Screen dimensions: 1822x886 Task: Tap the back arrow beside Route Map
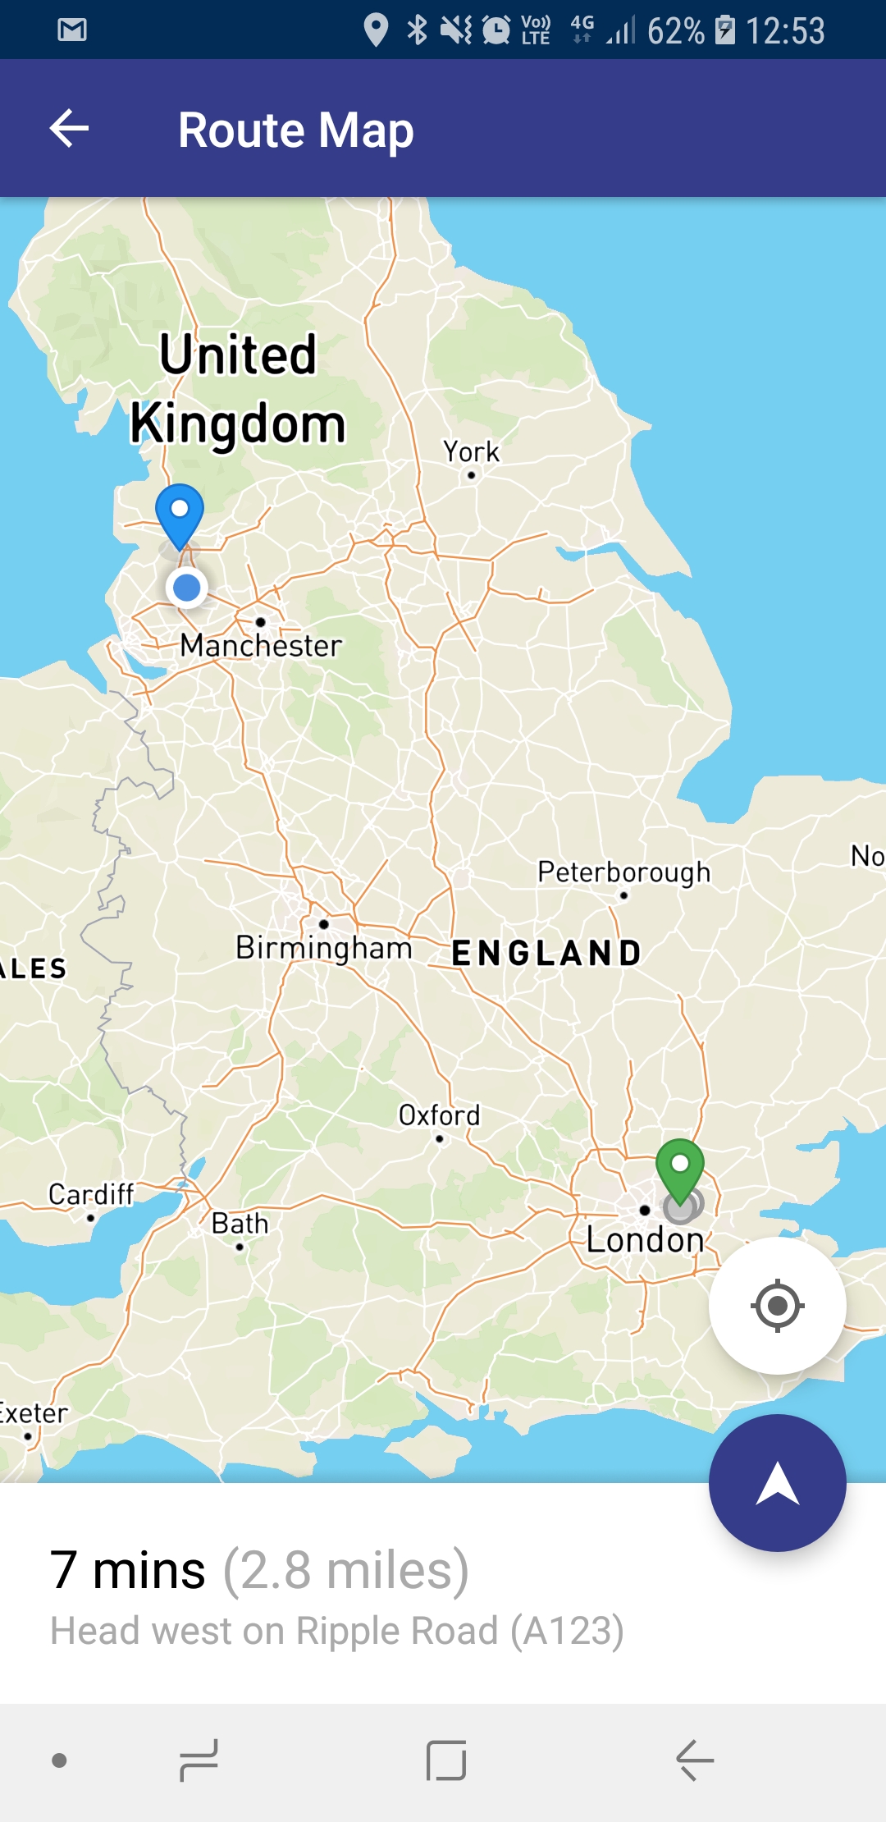69,129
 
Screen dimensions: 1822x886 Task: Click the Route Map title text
295,130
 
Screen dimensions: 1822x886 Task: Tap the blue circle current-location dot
187,588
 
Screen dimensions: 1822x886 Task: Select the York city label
471,452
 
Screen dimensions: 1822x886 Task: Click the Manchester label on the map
261,646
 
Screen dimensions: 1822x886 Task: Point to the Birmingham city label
323,948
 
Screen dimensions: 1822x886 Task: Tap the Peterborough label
623,872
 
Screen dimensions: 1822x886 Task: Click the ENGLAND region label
546,954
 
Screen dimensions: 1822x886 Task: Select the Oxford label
439,1116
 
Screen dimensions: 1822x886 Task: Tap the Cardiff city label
90,1195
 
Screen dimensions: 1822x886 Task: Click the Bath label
240,1225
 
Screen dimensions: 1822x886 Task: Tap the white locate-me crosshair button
777,1305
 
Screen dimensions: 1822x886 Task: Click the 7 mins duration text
127,1571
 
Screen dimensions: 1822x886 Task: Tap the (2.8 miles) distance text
345,1571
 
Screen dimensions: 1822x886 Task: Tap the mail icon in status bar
72,30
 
